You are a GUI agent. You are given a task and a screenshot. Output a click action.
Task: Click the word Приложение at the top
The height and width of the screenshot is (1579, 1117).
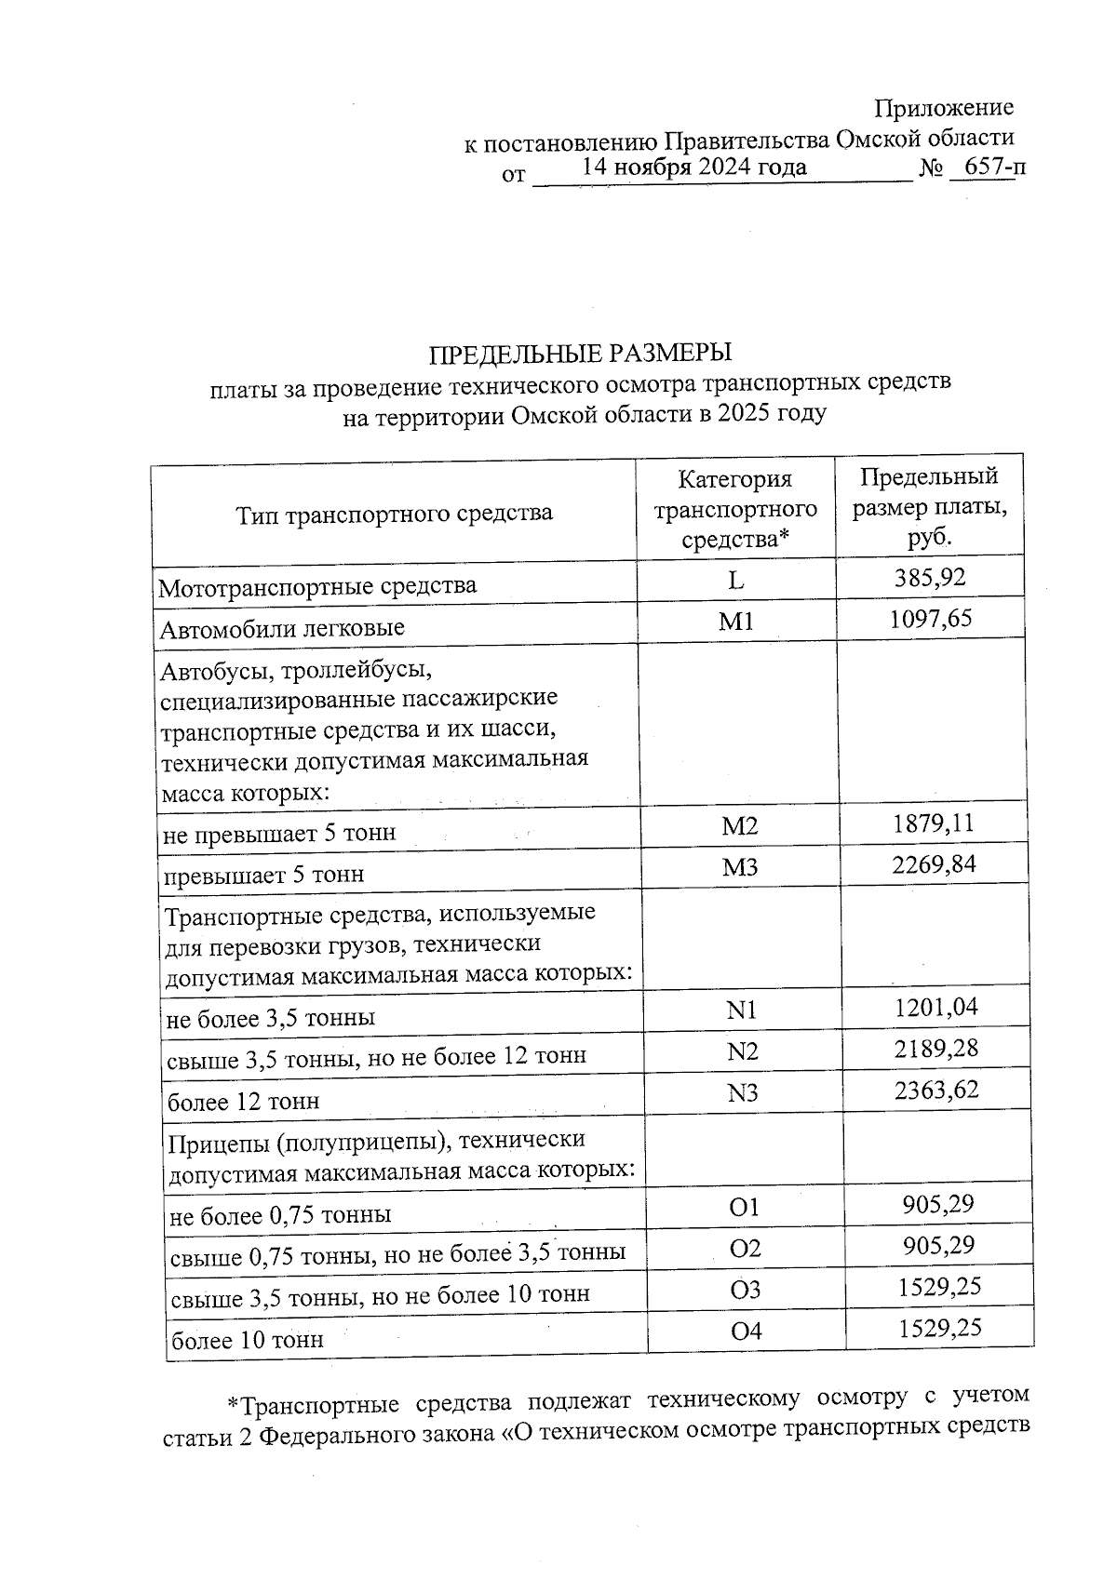pyautogui.click(x=944, y=108)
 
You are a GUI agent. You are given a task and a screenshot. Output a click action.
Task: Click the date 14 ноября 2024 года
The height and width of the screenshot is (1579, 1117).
pyautogui.click(x=694, y=167)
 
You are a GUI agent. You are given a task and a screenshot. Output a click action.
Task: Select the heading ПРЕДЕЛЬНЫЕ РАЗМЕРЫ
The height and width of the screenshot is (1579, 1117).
pyautogui.click(x=580, y=354)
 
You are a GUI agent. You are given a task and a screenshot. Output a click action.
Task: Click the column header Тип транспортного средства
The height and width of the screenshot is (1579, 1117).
pyautogui.click(x=395, y=513)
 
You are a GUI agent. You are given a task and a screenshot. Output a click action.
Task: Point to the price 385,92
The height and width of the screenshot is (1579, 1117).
pyautogui.click(x=930, y=578)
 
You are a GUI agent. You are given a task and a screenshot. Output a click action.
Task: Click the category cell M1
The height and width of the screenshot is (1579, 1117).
pyautogui.click(x=735, y=621)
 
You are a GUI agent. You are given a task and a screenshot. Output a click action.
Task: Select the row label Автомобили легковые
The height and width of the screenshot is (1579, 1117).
pyautogui.click(x=282, y=628)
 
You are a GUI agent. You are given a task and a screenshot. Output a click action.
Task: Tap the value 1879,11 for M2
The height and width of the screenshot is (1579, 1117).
pyautogui.click(x=933, y=823)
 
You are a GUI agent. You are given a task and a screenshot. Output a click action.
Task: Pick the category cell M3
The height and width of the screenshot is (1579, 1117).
pyautogui.click(x=740, y=867)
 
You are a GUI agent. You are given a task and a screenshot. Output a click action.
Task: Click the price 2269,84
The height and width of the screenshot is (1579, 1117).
pyautogui.click(x=934, y=864)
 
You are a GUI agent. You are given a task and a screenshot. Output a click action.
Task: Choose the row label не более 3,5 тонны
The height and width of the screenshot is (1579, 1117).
pyautogui.click(x=271, y=1018)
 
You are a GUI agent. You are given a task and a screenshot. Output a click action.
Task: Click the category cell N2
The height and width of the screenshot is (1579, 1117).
pyautogui.click(x=742, y=1051)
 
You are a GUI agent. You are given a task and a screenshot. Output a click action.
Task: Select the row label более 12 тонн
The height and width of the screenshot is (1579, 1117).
pyautogui.click(x=243, y=1102)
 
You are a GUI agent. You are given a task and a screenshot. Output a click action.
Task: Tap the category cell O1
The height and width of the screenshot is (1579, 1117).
pyautogui.click(x=745, y=1207)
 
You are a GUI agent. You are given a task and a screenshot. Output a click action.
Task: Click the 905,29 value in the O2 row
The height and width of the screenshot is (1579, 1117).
pyautogui.click(x=937, y=1246)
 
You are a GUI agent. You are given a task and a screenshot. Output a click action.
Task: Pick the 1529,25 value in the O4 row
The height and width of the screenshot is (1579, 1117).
pyautogui.click(x=939, y=1328)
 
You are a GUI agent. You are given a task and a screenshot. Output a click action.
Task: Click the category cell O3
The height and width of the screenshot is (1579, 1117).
pyautogui.click(x=746, y=1289)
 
